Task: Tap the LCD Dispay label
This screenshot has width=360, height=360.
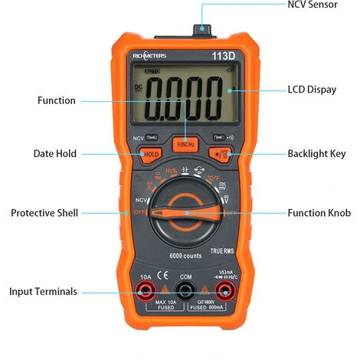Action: click(x=312, y=90)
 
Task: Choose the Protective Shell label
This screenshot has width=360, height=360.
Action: click(x=44, y=213)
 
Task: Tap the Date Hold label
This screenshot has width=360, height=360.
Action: click(x=55, y=153)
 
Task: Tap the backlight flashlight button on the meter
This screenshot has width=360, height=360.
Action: click(x=221, y=154)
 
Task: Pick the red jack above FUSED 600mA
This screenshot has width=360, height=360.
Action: click(x=224, y=290)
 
